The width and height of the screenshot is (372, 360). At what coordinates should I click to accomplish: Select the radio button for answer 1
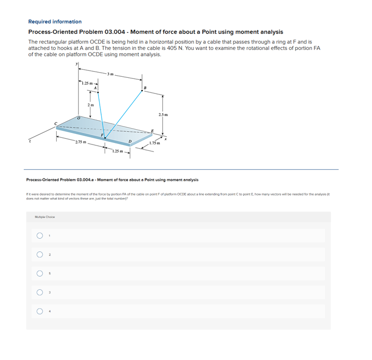(x=39, y=235)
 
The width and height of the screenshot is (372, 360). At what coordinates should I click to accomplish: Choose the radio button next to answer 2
(x=39, y=254)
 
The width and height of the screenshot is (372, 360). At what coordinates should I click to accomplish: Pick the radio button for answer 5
(x=39, y=274)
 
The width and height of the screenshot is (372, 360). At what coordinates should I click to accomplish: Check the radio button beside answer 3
(x=39, y=292)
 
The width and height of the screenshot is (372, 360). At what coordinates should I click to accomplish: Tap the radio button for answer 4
(x=39, y=312)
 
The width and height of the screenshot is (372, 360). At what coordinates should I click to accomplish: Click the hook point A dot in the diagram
(x=98, y=92)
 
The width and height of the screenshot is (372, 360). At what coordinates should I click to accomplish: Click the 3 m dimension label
(x=110, y=74)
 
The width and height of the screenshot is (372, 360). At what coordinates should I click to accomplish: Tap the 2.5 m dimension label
(x=163, y=115)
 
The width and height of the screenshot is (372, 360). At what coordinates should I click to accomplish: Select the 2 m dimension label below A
(x=90, y=105)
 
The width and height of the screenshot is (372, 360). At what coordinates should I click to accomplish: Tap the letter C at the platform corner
(x=56, y=123)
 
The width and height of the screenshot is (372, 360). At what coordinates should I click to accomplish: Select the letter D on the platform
(x=129, y=141)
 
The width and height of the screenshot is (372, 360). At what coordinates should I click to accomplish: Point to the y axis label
(x=77, y=64)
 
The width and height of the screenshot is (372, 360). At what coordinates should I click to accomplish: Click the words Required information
(x=55, y=22)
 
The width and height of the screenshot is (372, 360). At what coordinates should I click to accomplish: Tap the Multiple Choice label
(x=45, y=217)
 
